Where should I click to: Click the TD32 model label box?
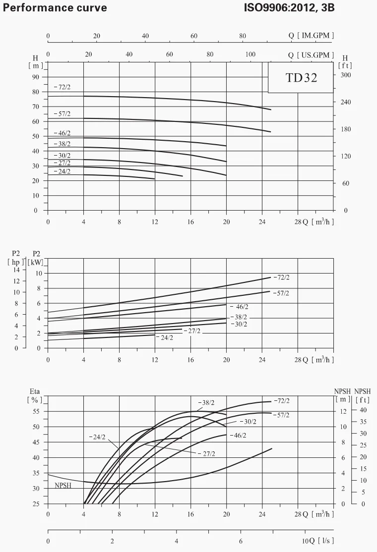301,78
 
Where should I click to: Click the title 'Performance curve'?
55,8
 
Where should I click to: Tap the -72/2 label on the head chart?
62,87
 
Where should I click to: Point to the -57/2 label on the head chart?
62,114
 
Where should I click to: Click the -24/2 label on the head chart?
62,171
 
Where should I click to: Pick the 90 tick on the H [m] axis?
36,77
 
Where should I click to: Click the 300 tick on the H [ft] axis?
346,75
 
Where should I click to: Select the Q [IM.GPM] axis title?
311,36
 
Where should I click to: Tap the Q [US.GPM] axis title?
311,55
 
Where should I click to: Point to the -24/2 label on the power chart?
165,337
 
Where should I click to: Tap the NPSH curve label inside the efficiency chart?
63,486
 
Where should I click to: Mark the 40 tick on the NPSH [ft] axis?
363,410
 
